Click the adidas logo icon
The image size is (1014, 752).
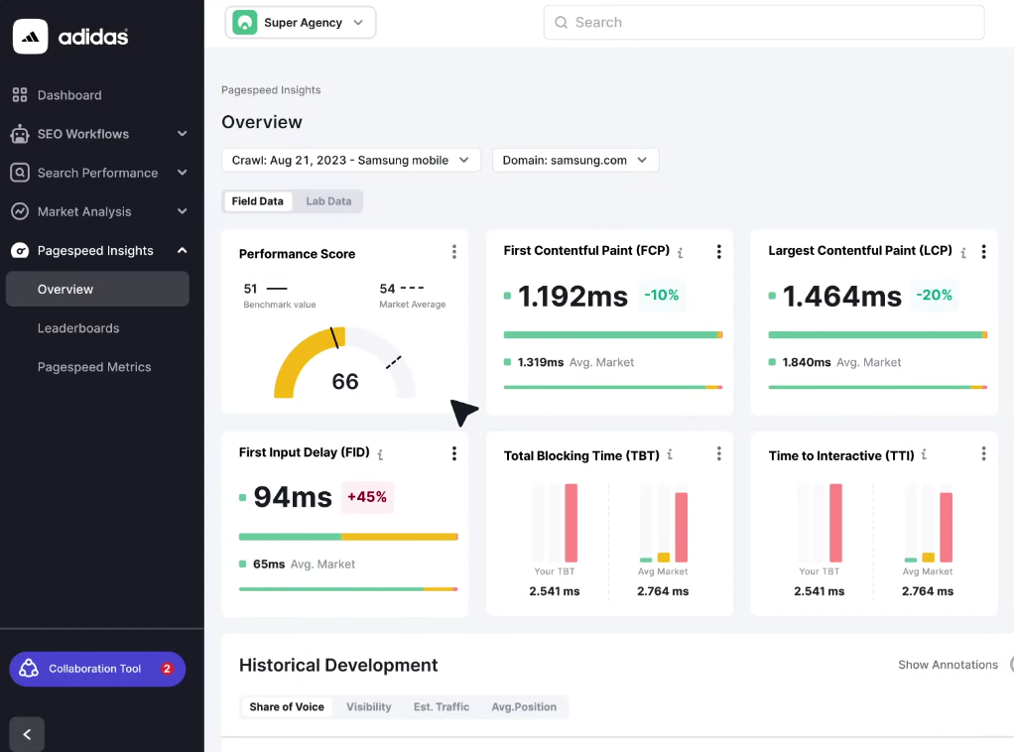tap(30, 37)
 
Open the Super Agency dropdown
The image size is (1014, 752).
tap(301, 23)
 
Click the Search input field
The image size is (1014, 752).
tap(763, 23)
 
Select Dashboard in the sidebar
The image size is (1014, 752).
tap(69, 95)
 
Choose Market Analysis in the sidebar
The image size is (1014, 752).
tap(84, 211)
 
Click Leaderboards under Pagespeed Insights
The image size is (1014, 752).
tap(78, 328)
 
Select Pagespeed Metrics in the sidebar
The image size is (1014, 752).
tap(94, 367)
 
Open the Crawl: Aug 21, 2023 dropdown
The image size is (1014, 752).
tap(350, 160)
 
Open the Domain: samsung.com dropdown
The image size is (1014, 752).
tap(574, 160)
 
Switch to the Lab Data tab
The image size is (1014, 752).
tap(328, 201)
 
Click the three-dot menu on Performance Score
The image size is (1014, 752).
tap(454, 252)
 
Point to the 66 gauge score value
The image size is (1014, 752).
tap(345, 382)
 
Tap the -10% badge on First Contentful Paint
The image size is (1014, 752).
tap(661, 296)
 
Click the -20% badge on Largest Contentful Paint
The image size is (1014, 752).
tap(934, 296)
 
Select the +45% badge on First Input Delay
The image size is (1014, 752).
tap(367, 497)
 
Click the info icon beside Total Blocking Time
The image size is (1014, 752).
tap(670, 455)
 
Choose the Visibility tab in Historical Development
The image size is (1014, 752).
tap(368, 707)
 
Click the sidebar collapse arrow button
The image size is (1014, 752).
tap(27, 734)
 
